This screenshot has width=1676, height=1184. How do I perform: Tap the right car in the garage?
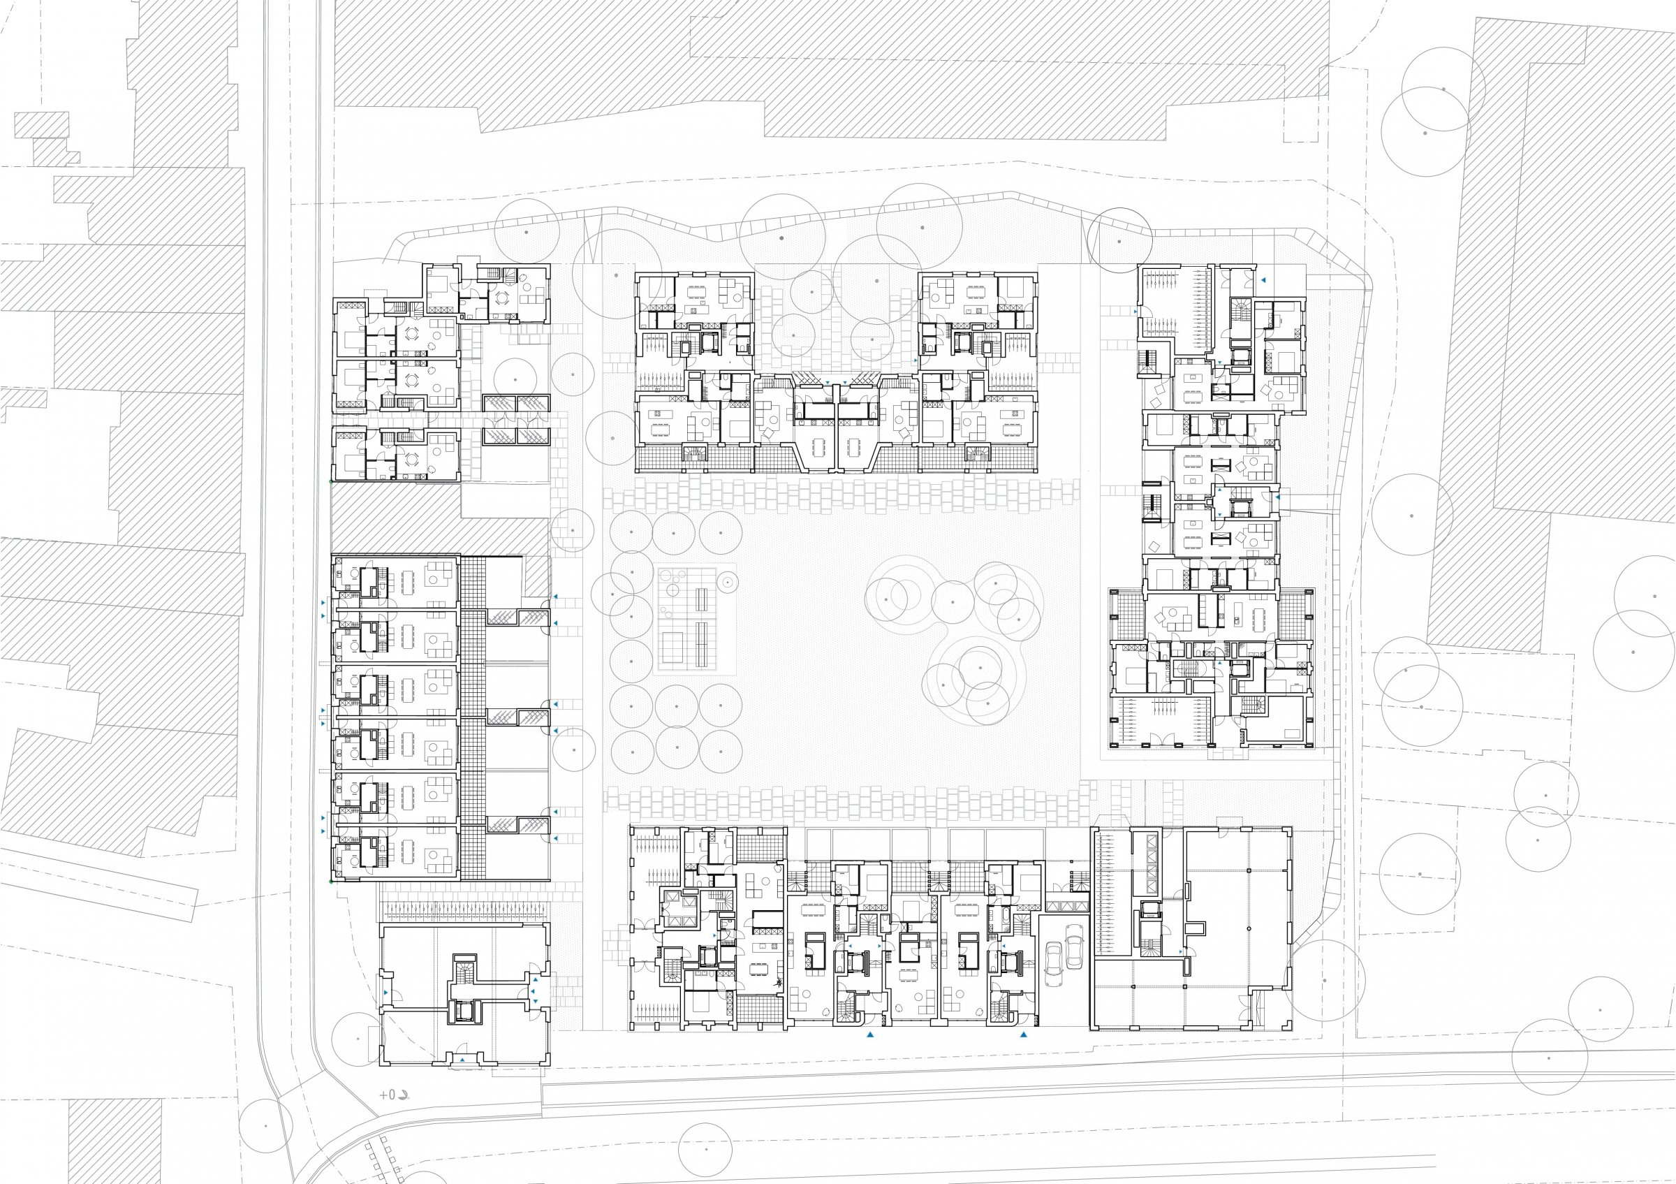pyautogui.click(x=1073, y=949)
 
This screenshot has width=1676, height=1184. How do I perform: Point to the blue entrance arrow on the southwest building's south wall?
pyautogui.click(x=463, y=1059)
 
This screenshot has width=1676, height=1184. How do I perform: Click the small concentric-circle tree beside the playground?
pyautogui.click(x=727, y=582)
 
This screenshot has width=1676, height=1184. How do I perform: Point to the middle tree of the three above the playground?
pyautogui.click(x=673, y=533)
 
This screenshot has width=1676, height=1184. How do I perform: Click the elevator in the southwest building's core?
pyautogui.click(x=464, y=1011)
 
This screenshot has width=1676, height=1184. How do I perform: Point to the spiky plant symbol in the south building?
pyautogui.click(x=779, y=983)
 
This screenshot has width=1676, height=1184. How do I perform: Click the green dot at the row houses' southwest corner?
pyautogui.click(x=332, y=882)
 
